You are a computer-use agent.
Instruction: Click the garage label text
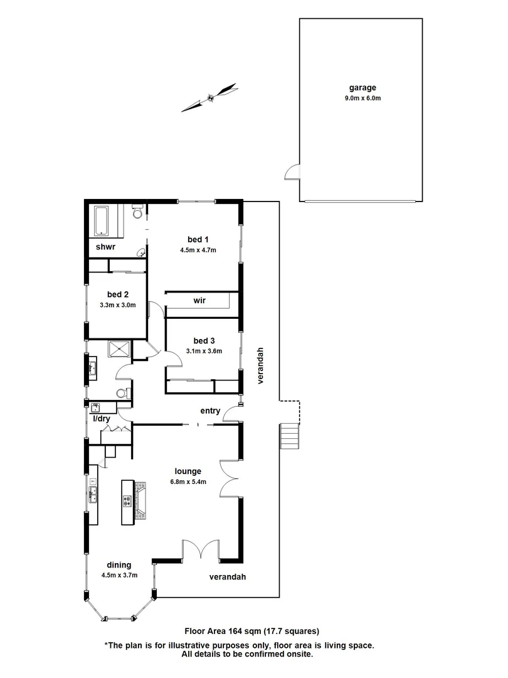362,89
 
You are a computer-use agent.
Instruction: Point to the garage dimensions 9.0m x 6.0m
362,98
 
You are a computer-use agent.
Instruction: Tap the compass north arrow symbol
209,97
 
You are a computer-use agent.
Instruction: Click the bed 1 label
198,239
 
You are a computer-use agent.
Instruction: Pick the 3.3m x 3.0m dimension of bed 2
117,305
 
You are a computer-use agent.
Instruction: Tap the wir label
200,301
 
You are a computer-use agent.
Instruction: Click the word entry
210,411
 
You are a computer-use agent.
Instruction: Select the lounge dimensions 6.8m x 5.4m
188,482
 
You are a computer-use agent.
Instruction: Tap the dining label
119,565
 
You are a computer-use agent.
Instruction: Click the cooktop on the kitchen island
127,501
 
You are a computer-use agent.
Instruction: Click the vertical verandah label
260,365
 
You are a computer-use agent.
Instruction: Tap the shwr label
105,247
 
